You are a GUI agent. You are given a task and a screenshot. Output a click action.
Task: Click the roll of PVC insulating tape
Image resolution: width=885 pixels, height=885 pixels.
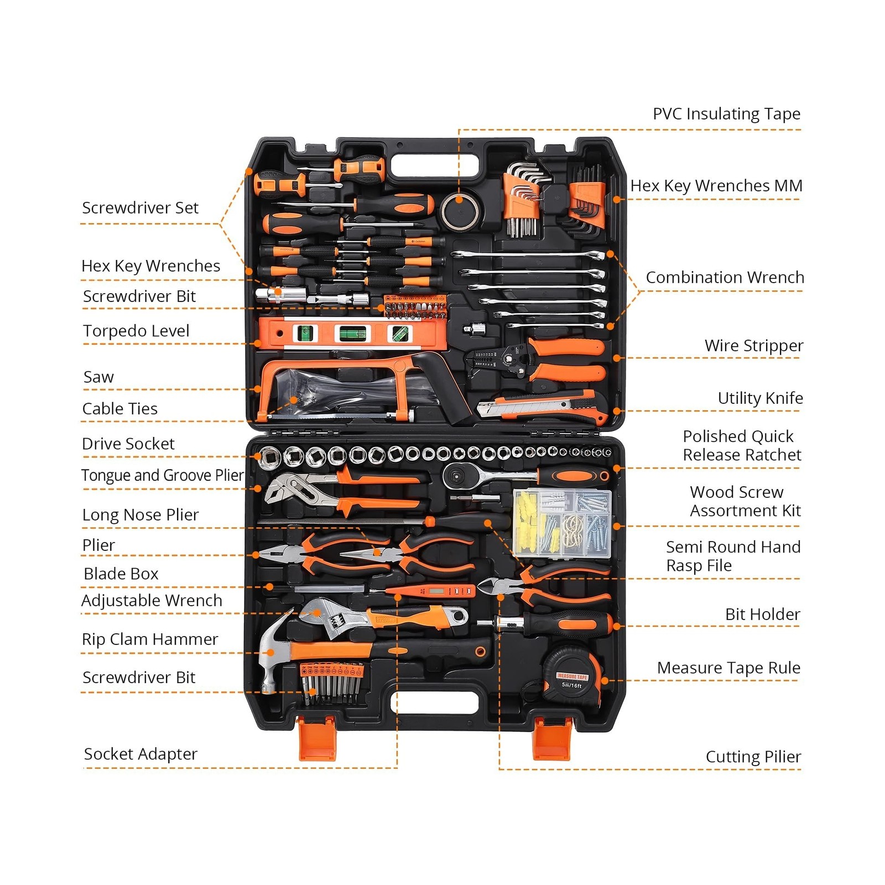point(459,210)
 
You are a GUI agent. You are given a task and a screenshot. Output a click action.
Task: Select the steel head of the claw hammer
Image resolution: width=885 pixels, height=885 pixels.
point(273,653)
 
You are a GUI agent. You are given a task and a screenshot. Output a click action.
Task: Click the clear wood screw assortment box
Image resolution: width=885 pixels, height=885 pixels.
point(563,522)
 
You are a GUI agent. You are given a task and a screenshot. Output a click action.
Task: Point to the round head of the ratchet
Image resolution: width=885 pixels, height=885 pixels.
point(457,475)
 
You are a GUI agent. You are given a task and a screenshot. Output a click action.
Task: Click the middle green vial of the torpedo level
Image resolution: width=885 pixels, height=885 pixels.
point(352,334)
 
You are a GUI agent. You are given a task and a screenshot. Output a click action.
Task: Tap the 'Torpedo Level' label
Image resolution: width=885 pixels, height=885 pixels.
point(136,331)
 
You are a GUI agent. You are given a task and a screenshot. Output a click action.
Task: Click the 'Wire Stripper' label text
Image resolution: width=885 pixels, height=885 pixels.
point(753,346)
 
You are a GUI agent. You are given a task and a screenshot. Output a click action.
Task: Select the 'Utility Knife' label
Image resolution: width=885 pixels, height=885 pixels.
point(760,398)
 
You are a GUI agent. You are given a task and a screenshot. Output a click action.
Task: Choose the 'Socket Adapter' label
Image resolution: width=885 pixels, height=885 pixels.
point(140,754)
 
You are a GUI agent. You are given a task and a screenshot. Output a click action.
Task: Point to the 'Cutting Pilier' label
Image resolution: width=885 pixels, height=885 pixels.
point(753,757)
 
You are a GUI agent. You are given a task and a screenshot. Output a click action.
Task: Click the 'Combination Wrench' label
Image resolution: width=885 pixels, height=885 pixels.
point(725,278)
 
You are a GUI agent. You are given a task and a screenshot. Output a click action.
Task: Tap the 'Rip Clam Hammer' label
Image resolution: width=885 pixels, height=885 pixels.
point(150,639)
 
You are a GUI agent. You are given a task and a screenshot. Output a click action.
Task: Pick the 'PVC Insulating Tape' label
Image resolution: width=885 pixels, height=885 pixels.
point(726,114)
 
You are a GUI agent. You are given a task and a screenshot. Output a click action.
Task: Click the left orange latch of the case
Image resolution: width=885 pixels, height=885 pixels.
point(317,738)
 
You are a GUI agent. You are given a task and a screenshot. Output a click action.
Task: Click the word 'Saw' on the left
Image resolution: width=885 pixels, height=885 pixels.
point(98,377)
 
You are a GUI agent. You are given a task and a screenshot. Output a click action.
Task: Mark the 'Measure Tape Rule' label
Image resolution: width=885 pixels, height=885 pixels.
point(728,668)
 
